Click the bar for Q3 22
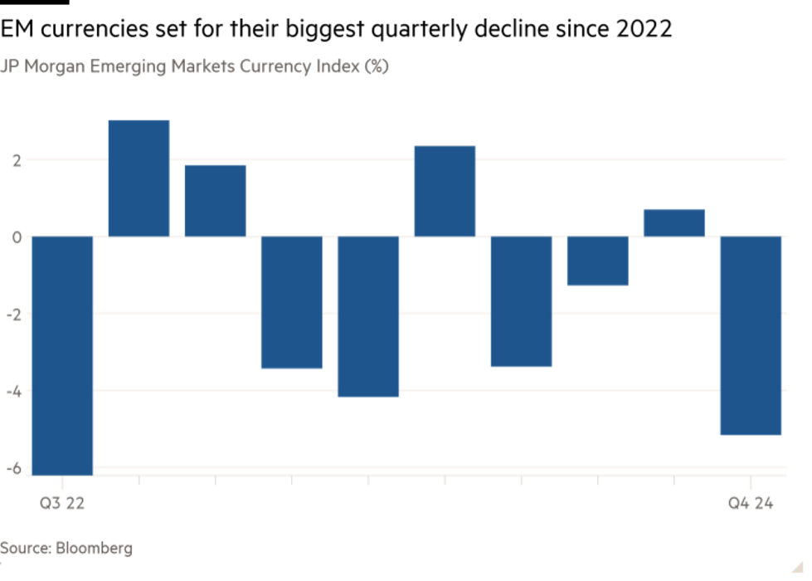62,355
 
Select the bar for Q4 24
751,335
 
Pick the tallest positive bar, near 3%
139,178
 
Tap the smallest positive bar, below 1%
674,222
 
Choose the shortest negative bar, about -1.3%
598,261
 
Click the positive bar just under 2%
215,200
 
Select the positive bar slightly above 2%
445,191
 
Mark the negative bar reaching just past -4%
368,317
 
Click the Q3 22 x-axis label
62,503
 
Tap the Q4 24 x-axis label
751,503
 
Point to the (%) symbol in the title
375,67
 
